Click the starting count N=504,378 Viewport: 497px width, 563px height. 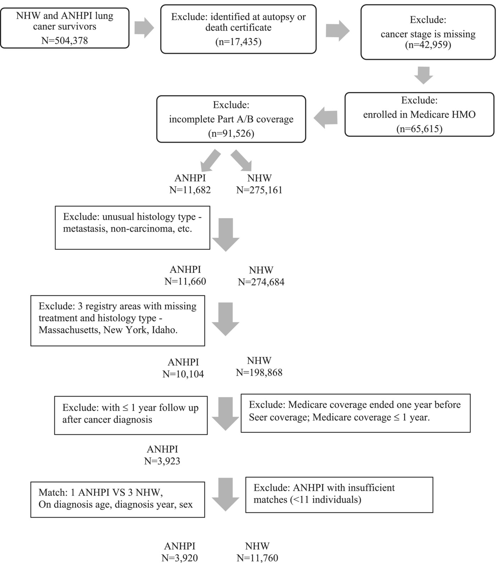[x=65, y=41]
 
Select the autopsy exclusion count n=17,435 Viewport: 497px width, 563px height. [x=238, y=42]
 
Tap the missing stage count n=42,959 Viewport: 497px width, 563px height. [x=428, y=45]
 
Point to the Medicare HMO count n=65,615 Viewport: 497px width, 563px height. [x=419, y=129]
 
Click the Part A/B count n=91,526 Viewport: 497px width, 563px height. [x=231, y=134]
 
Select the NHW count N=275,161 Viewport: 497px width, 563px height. [x=259, y=190]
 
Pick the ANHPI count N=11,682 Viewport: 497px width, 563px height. [x=190, y=190]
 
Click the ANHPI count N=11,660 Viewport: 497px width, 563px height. [x=185, y=281]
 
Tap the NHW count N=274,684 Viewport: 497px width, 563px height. [x=261, y=282]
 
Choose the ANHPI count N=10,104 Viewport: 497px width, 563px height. [x=183, y=374]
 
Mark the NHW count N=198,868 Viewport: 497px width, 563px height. [x=259, y=372]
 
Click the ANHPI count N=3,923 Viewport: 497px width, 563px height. [x=162, y=461]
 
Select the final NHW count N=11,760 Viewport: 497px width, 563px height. [x=257, y=558]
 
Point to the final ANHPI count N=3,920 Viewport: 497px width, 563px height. [x=180, y=558]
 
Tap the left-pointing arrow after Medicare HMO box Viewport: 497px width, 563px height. [x=326, y=118]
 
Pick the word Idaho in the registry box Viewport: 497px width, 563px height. [x=165, y=330]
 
